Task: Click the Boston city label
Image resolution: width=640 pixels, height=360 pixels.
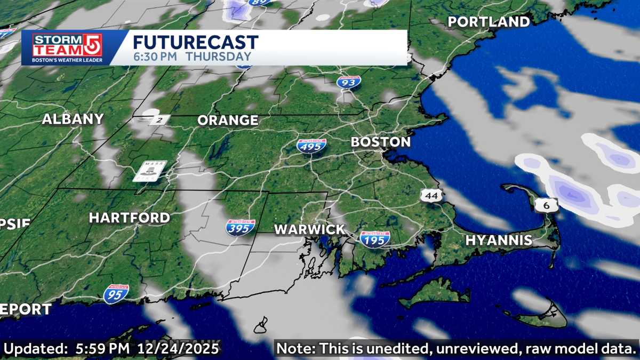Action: (380, 142)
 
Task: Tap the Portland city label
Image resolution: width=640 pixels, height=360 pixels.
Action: (489, 22)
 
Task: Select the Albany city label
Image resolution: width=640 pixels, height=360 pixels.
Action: (73, 119)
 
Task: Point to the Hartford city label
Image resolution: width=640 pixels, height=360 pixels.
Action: (129, 218)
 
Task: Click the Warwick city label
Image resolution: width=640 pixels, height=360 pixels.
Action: (309, 229)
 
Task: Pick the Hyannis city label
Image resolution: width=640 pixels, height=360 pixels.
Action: (499, 241)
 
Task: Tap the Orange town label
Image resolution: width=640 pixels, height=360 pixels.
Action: (228, 121)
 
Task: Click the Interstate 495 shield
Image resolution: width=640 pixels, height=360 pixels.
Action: (312, 145)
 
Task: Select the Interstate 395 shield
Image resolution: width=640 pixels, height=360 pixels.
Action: (240, 228)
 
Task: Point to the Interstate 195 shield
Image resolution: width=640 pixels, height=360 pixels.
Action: (374, 238)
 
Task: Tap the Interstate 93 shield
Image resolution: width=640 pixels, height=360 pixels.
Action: (349, 82)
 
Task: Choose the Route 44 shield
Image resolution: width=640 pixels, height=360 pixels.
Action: (431, 196)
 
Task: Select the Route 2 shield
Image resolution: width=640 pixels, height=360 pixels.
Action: (159, 120)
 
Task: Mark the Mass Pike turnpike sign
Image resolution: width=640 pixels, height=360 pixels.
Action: (149, 170)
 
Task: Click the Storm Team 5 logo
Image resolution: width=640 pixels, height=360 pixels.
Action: (67, 48)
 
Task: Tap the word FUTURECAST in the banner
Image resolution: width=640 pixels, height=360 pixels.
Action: (195, 42)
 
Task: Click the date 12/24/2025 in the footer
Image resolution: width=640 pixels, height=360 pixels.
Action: (178, 349)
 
